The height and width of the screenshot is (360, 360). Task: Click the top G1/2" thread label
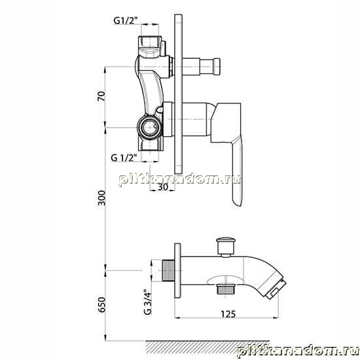[x=126, y=21]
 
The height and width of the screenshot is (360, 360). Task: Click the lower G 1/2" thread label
[x=124, y=158]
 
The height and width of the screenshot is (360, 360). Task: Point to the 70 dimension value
[x=101, y=96]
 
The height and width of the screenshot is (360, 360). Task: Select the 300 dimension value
[x=101, y=198]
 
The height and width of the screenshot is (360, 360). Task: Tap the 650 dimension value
[x=101, y=304]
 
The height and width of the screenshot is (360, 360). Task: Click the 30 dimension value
[x=163, y=187]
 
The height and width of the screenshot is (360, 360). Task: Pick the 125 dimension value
[x=228, y=314]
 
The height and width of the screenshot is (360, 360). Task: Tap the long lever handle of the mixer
[x=237, y=171]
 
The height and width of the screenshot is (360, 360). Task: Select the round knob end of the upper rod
[x=217, y=67]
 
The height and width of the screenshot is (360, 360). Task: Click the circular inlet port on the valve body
[x=150, y=128]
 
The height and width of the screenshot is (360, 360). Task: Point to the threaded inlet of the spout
[x=168, y=271]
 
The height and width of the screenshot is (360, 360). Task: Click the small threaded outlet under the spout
[x=226, y=289]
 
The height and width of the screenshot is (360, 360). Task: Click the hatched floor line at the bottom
[x=207, y=347]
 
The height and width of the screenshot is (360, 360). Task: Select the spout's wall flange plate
[x=177, y=271]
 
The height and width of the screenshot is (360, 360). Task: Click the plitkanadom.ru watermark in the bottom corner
[x=298, y=352]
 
